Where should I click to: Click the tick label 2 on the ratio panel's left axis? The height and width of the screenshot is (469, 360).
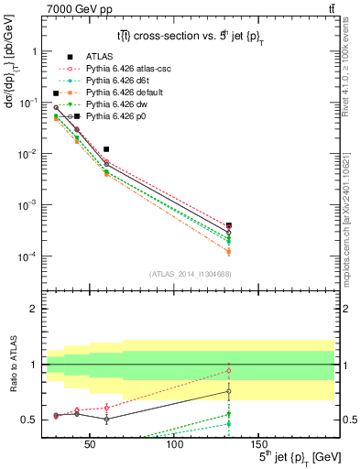[35, 310]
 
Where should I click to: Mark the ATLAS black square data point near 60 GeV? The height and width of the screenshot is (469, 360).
[106, 148]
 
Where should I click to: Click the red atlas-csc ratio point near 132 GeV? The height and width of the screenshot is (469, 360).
[228, 370]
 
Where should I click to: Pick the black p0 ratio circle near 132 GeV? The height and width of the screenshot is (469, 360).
[228, 391]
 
